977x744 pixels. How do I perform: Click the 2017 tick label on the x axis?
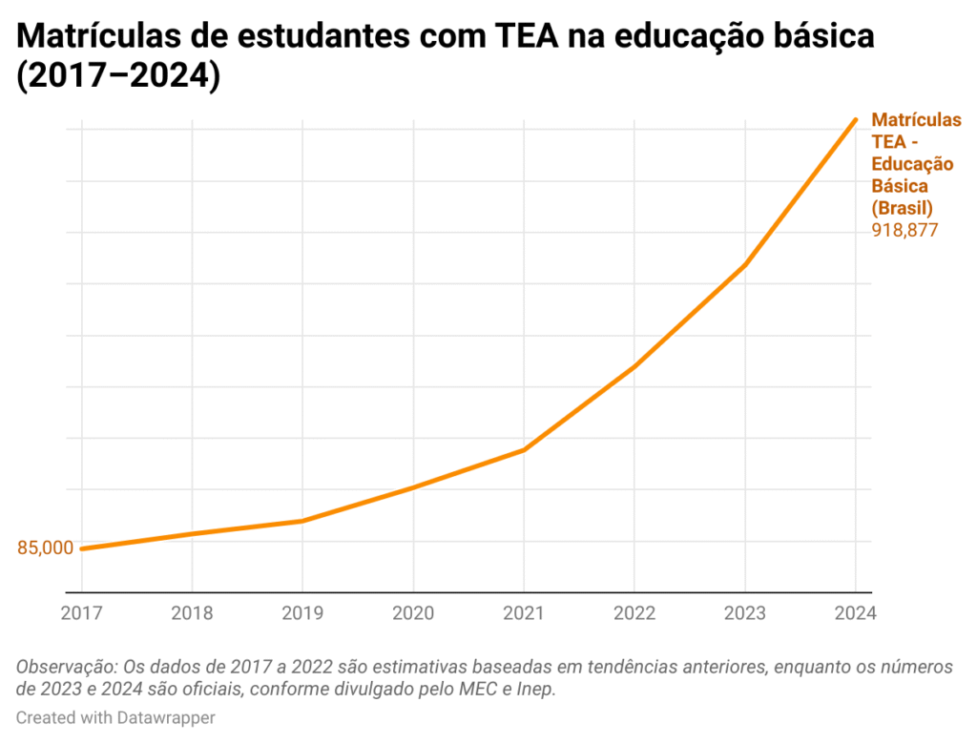pos(81,612)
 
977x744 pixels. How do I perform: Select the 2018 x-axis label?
pos(192,612)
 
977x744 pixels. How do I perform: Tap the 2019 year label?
pos(302,612)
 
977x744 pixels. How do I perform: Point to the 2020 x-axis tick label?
pos(413,612)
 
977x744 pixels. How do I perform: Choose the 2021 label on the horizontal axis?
pos(524,612)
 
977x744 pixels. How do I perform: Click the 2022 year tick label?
pos(634,612)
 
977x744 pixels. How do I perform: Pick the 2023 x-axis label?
pos(744,612)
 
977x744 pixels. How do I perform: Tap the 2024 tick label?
pos(855,612)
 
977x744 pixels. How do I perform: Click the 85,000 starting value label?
pos(45,548)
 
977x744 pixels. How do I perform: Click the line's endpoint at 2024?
pos(855,120)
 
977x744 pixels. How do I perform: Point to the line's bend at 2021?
pos(524,449)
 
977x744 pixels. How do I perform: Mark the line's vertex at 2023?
pos(744,265)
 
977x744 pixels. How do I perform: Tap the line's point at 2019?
pos(302,521)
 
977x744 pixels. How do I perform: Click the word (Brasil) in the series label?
pos(902,207)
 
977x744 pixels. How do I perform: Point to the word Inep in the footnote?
pos(535,689)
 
